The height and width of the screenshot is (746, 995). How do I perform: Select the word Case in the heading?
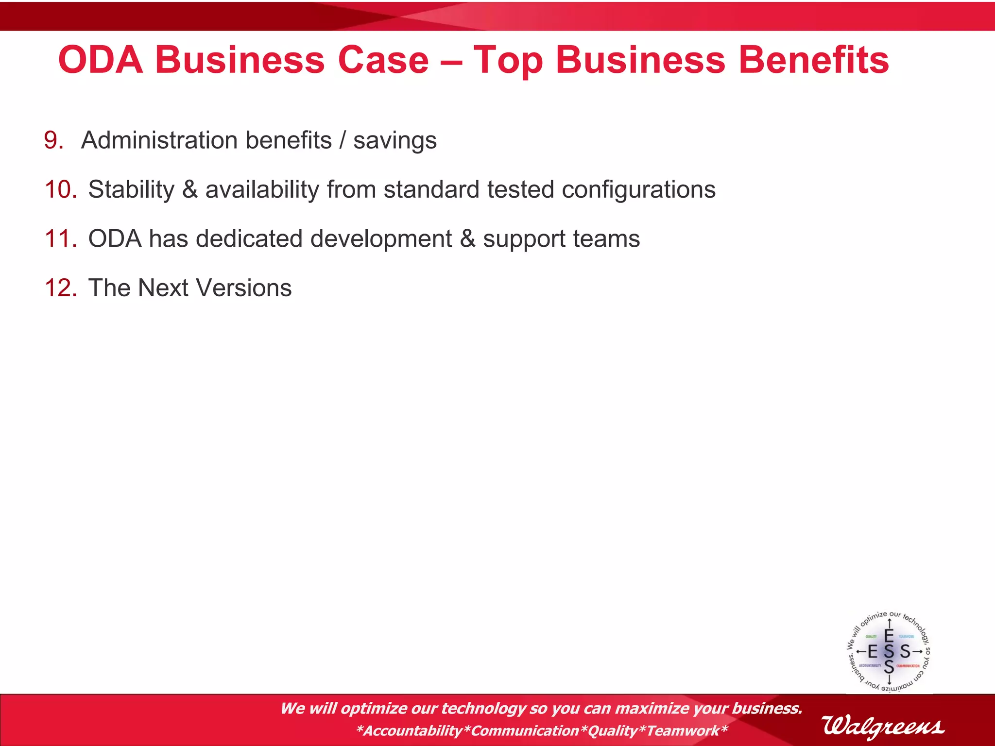click(x=383, y=60)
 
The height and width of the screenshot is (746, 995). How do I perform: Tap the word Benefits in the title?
click(x=814, y=60)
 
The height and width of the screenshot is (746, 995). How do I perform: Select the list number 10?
click(x=61, y=189)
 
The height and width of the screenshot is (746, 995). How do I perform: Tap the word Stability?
click(x=131, y=189)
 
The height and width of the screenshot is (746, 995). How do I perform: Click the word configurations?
click(x=638, y=190)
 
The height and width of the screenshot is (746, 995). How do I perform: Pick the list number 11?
click(x=61, y=239)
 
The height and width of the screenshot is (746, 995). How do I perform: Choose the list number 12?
click(x=61, y=288)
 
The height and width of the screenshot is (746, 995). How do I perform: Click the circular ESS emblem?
click(x=889, y=651)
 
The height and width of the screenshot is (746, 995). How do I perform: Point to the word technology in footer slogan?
click(x=483, y=709)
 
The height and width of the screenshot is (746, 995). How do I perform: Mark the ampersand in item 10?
click(x=190, y=189)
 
